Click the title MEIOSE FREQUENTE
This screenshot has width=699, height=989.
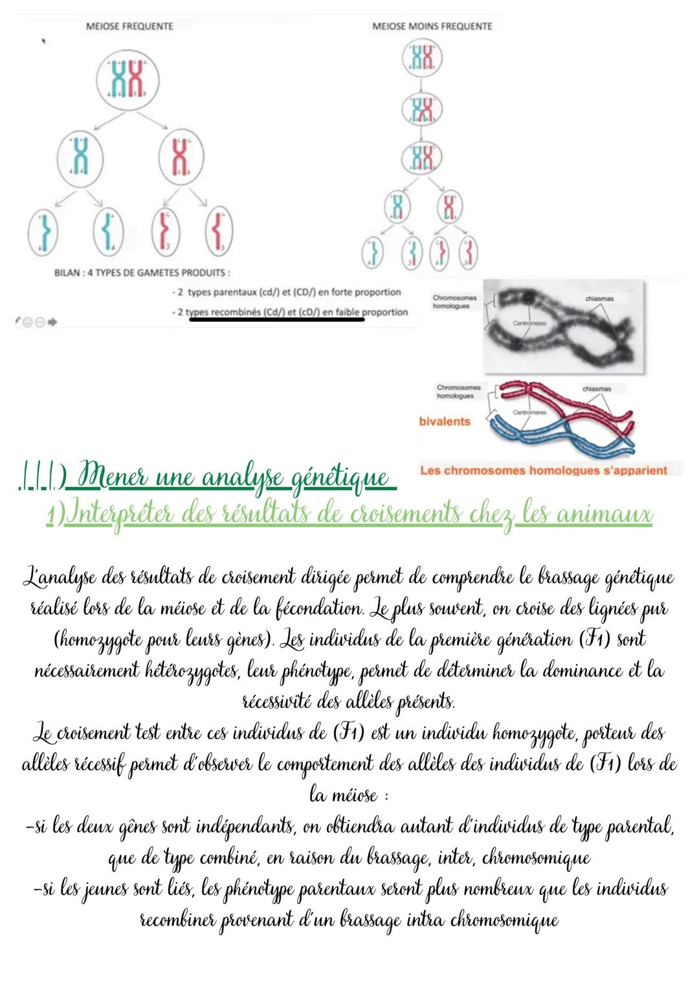coord(129,27)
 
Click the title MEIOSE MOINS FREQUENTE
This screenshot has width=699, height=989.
coord(432,27)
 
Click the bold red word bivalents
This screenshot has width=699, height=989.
coord(444,422)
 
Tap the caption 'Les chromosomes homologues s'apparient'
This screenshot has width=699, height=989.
coord(543,470)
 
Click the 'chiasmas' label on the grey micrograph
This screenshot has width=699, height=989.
coord(599,299)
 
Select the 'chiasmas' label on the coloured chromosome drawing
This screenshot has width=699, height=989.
coord(596,389)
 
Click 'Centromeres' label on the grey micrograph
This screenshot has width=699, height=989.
coord(529,323)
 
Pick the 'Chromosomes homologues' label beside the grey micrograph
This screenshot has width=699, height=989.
coord(454,302)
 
